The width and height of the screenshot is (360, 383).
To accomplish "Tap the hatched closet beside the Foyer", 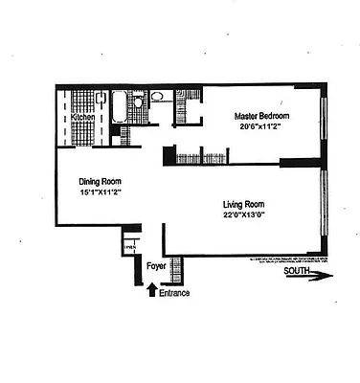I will click(173, 271).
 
